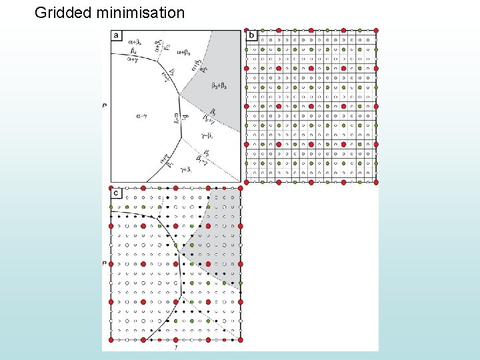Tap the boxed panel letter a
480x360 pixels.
pos(117,35)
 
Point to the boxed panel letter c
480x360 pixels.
pos(117,193)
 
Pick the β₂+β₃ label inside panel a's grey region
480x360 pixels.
pos(218,85)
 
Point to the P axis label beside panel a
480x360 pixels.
pos(105,105)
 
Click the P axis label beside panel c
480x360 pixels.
pos(105,264)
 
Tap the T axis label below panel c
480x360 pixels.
pos(175,347)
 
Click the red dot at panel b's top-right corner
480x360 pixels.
pos(376,30)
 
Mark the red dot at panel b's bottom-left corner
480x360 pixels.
pos(247,181)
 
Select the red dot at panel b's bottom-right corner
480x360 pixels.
pos(376,181)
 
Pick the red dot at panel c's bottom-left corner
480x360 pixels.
pos(111,340)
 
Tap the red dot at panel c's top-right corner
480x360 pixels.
pos(240,189)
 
